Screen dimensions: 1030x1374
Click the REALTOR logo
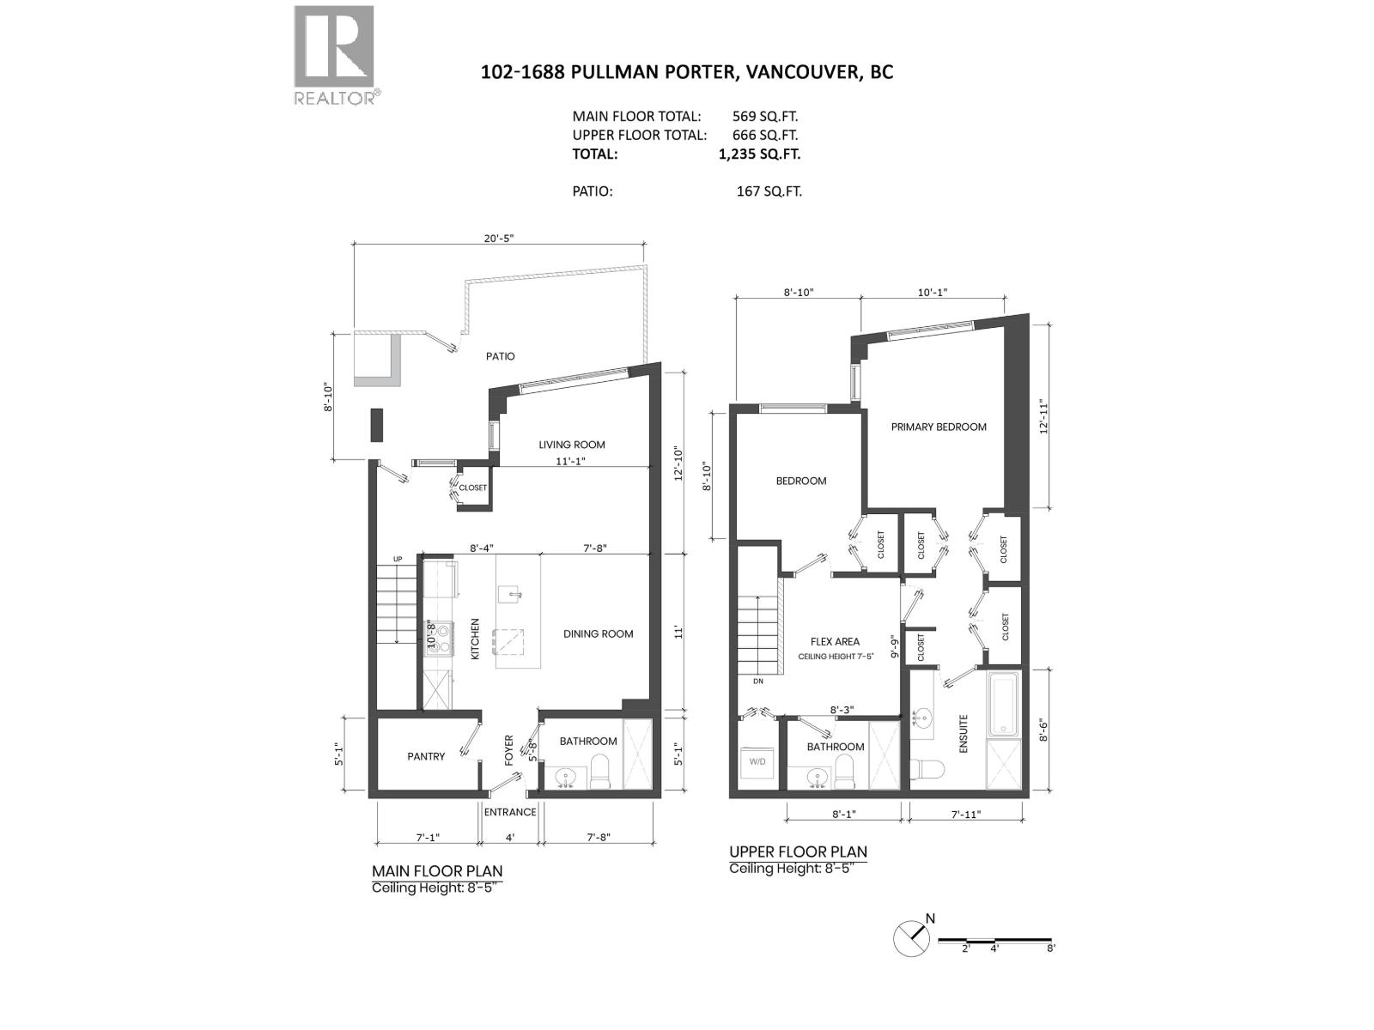(x=334, y=54)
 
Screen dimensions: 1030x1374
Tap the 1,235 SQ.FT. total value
(x=759, y=154)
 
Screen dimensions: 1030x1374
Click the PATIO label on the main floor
(x=500, y=356)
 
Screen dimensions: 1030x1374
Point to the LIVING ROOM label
(x=572, y=445)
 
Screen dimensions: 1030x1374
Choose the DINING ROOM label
(x=598, y=634)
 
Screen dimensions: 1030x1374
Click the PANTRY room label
(x=426, y=756)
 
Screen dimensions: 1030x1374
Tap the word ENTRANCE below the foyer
(x=510, y=812)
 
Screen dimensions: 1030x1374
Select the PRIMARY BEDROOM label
(x=939, y=427)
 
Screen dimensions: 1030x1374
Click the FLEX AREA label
(x=835, y=641)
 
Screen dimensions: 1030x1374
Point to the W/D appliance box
(x=758, y=762)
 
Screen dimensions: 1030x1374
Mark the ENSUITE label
(x=964, y=734)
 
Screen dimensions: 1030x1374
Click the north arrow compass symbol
(x=912, y=938)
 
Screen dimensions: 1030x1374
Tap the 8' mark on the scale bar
(x=1051, y=948)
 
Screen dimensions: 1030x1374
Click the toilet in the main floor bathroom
(x=599, y=771)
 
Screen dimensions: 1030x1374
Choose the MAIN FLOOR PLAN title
(x=437, y=871)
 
